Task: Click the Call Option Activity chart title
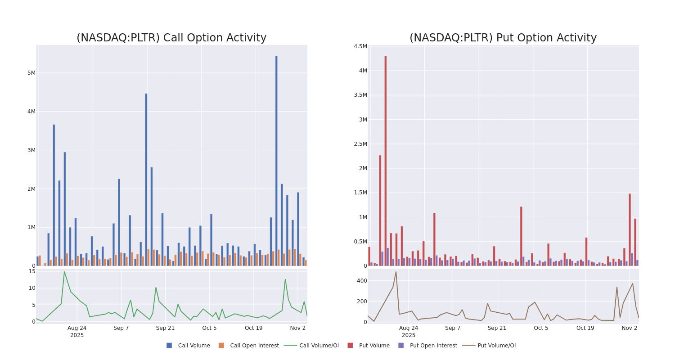[x=171, y=38]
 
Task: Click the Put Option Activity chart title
[x=503, y=38]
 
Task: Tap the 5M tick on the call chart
[x=31, y=73]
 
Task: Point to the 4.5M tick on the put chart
[x=360, y=46]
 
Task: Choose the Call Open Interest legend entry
[x=254, y=346]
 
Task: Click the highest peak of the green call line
[x=64, y=272]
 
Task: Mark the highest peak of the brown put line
[x=396, y=272]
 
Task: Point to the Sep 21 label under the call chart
[x=165, y=328]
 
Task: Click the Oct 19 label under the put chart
[x=585, y=328]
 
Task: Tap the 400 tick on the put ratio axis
[x=362, y=281]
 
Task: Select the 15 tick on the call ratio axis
[x=32, y=271]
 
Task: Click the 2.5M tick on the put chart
[x=360, y=144]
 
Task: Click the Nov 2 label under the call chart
[x=297, y=328]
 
